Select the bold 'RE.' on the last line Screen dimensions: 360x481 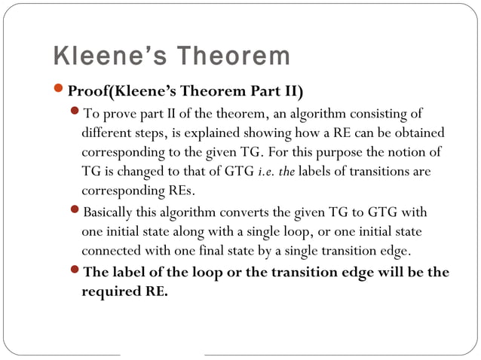coord(155,291)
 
